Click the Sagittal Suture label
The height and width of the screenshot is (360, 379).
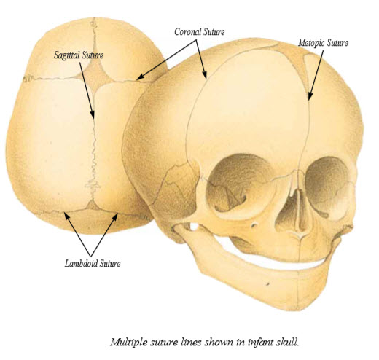coord(79,55)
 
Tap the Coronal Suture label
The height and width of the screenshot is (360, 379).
coord(200,32)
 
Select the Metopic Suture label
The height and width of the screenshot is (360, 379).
coord(323,43)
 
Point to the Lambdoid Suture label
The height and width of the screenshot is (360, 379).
coord(93,264)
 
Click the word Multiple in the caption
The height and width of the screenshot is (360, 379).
coord(129,343)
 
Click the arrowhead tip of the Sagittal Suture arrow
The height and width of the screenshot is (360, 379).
coord(93,118)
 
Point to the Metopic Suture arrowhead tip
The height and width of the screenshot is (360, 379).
coord(309,100)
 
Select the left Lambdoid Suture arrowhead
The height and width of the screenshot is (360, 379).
coord(64,212)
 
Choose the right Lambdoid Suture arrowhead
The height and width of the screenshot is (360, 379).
coord(118,214)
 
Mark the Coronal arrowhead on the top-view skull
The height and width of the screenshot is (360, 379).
coord(137,79)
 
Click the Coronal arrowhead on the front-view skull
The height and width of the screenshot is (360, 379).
coord(206,79)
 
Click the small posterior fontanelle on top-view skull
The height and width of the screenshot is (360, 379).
coord(93,206)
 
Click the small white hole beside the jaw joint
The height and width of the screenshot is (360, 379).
coord(195,227)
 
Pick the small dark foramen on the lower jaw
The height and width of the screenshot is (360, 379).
coord(267,283)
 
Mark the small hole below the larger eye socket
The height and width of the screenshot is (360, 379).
coord(254,225)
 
